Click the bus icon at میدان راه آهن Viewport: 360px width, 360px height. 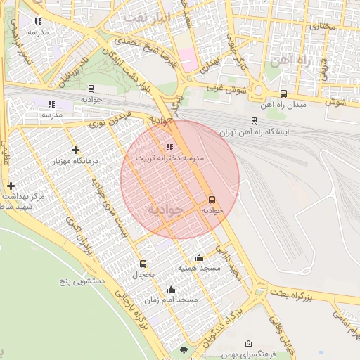[x=283, y=94]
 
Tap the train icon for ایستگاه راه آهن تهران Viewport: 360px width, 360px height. [x=254, y=121]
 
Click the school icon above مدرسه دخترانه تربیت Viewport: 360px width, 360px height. [x=169, y=147]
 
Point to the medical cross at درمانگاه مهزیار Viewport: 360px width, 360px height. [x=75, y=150]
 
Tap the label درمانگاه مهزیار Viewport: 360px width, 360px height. [x=75, y=161]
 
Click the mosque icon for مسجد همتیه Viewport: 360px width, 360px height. [x=199, y=257]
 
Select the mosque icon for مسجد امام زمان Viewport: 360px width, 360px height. [x=171, y=289]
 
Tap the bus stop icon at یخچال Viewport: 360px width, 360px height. [x=143, y=264]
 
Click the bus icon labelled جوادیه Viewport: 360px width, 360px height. [x=212, y=200]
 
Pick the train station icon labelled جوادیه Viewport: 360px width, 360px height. [x=91, y=89]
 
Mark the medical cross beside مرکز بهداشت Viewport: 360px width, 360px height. [x=11, y=186]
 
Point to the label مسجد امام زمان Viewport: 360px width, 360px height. [x=171, y=300]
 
